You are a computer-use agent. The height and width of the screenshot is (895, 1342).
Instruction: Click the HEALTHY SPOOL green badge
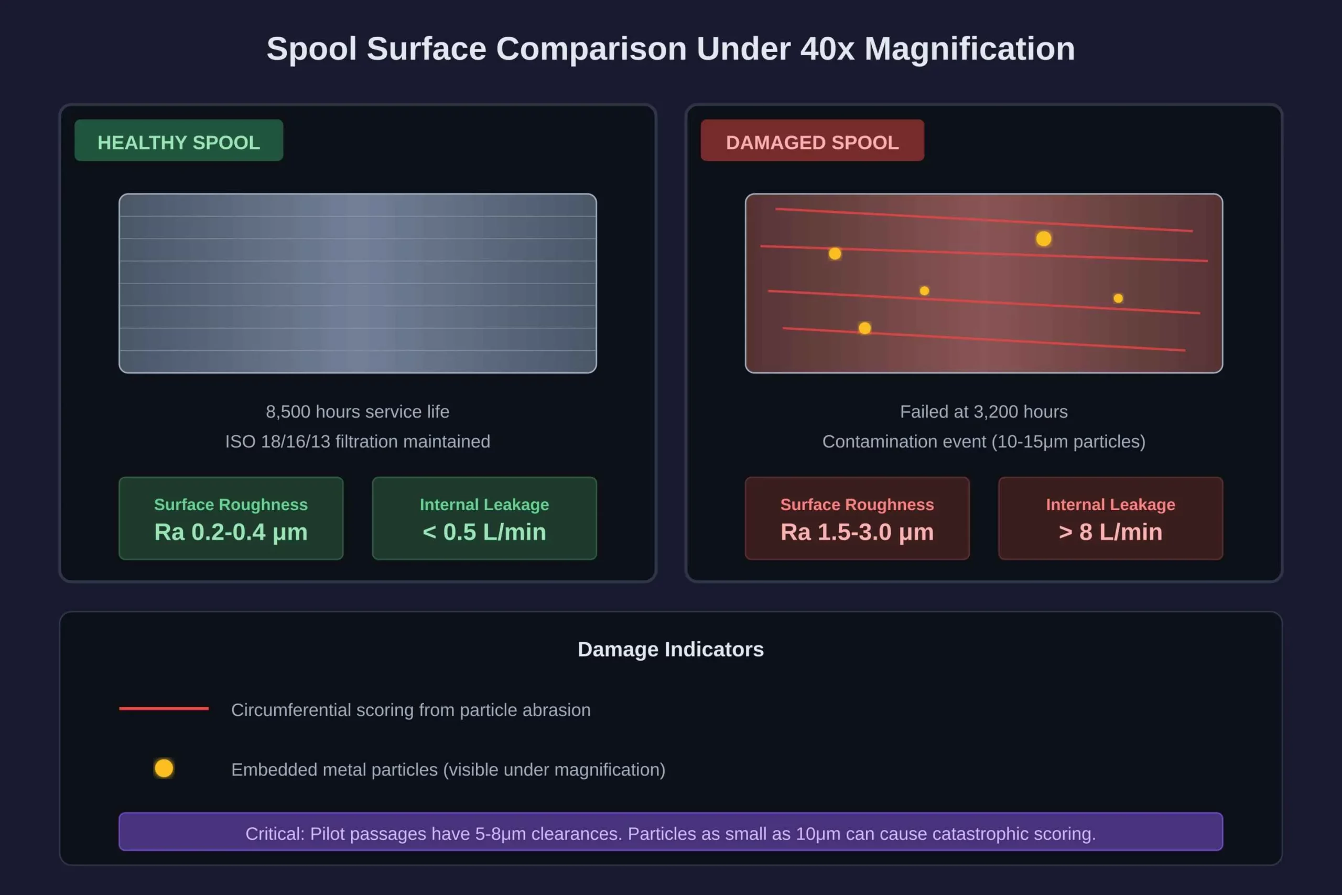click(179, 141)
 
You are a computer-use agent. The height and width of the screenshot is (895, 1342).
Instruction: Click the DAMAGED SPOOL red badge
click(812, 141)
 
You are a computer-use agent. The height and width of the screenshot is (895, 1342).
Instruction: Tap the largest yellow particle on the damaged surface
click(1044, 239)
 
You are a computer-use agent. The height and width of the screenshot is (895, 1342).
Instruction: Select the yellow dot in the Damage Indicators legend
click(164, 768)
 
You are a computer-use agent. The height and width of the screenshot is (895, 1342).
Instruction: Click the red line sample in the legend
click(164, 708)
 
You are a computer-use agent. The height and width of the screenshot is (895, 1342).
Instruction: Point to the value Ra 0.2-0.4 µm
click(231, 532)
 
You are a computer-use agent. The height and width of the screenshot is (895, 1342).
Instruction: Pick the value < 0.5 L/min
click(484, 532)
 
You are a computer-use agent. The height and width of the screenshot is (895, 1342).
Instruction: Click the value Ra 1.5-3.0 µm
click(857, 532)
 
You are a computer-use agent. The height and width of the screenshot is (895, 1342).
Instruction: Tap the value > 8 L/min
click(1110, 532)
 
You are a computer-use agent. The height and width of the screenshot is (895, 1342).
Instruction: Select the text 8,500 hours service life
click(357, 412)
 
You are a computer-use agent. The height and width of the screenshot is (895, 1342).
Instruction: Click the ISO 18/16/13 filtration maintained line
click(357, 441)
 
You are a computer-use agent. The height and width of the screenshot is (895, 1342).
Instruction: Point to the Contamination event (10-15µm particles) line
click(983, 441)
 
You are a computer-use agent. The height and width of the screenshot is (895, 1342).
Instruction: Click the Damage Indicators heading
click(670, 649)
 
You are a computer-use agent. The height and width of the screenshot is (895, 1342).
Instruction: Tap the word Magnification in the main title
click(969, 49)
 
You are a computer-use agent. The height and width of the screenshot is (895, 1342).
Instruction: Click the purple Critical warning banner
click(670, 832)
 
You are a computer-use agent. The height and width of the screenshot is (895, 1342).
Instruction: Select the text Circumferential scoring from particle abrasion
click(411, 709)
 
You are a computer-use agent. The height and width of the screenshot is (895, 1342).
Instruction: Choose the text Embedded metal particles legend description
click(448, 769)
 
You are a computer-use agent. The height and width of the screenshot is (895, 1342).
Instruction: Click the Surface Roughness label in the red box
click(857, 504)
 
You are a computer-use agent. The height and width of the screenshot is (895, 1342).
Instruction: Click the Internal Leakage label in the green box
click(484, 504)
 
